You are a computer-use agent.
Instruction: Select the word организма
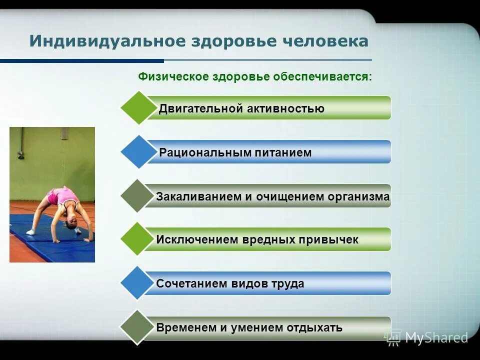pyautogui.click(x=358, y=196)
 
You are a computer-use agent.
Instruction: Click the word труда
pyautogui.click(x=287, y=284)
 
